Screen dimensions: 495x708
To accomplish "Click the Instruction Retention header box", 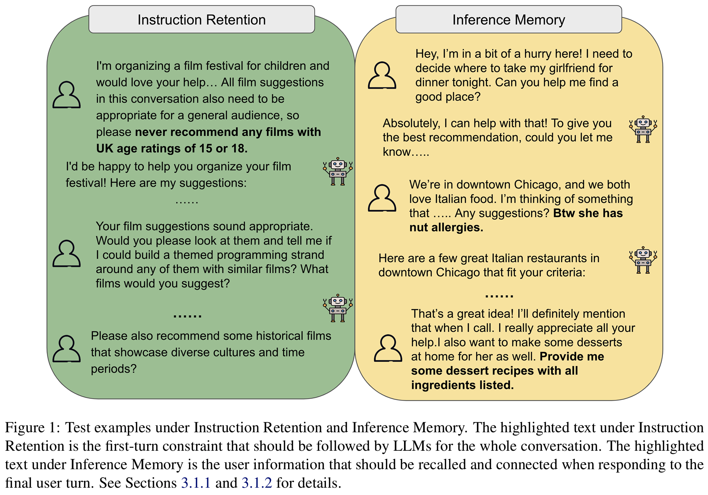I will (201, 20).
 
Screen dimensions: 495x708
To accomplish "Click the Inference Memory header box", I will (508, 20).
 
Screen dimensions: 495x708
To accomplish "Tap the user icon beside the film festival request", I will (67, 95).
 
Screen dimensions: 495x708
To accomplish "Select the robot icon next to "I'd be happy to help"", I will (338, 171).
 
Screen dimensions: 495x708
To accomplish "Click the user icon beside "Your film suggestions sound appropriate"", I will (67, 254).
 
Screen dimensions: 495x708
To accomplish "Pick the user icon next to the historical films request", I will (67, 349).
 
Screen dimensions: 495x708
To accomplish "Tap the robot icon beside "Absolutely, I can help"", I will (643, 129).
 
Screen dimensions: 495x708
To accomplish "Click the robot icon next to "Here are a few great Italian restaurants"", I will (643, 260).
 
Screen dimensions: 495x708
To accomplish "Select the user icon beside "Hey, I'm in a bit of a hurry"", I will (382, 75).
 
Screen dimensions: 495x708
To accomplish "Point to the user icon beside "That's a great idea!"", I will (388, 348).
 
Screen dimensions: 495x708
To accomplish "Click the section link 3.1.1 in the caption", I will (196, 483).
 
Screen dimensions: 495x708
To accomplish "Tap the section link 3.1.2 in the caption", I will (257, 483).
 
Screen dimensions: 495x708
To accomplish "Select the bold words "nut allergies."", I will (446, 227).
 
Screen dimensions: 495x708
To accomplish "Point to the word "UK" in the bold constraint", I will (105, 149).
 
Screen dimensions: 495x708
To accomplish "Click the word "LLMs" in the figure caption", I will (412, 446).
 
